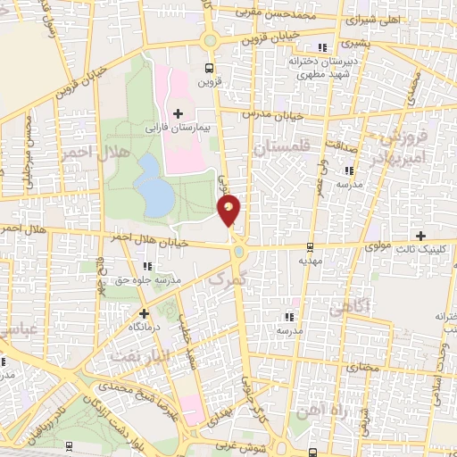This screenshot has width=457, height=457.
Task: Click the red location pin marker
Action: [229, 211]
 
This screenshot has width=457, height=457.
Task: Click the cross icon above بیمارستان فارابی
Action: [178, 113]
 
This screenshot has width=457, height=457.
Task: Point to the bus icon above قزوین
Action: [209, 67]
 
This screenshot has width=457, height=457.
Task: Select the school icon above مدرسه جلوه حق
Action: [146, 265]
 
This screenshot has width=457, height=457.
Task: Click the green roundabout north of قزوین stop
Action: [211, 40]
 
